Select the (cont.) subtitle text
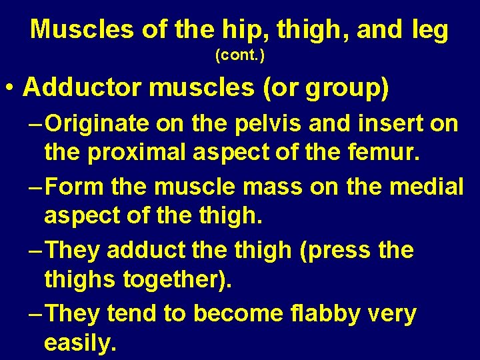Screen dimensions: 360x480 (240, 56)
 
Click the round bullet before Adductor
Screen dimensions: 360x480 (9, 89)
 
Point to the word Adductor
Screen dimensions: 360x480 (78, 88)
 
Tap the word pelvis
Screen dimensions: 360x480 (246, 125)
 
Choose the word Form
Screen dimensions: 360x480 (75, 187)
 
